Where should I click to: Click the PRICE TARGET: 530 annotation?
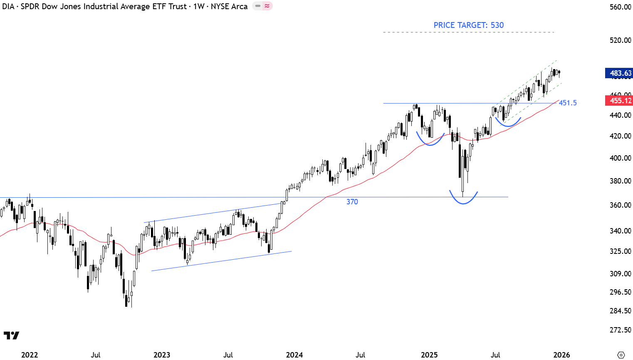[468, 25]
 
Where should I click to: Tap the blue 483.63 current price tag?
[619, 73]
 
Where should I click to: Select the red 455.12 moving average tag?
[619, 100]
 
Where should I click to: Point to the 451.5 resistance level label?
[568, 103]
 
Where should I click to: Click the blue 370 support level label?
[352, 202]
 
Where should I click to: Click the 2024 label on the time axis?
[294, 355]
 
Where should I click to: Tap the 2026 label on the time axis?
[561, 355]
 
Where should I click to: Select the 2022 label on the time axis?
[30, 355]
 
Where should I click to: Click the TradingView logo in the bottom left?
[11, 335]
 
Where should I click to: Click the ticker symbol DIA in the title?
[8, 6]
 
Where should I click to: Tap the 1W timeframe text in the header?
[198, 6]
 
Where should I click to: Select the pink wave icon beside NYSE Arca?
[267, 6]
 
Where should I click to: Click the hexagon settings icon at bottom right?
[621, 355]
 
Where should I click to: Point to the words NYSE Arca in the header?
[229, 6]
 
